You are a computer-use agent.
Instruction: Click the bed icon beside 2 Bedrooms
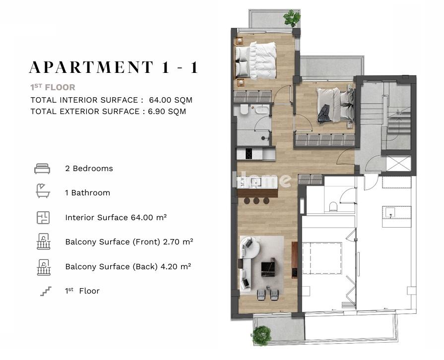[x=42, y=169]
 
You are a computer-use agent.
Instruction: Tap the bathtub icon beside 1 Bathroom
[x=43, y=191]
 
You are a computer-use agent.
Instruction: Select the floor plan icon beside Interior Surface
[x=43, y=218]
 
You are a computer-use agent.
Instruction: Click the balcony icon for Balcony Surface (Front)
[x=43, y=241]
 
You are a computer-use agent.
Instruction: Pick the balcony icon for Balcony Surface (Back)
[x=44, y=267]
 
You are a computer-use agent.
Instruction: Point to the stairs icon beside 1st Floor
[x=46, y=291]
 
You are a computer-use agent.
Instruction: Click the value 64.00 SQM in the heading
[x=171, y=100]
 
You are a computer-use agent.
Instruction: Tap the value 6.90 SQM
[x=167, y=111]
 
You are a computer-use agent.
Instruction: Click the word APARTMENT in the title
[x=91, y=67]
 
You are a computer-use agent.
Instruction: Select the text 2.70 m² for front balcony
[x=178, y=241]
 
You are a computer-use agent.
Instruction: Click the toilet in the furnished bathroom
[x=244, y=110]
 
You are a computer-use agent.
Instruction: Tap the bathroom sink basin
[x=262, y=109]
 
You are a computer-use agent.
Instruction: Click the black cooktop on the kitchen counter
[x=249, y=154]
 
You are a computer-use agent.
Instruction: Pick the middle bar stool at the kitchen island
[x=256, y=201]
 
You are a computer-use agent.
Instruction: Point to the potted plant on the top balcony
[x=292, y=18]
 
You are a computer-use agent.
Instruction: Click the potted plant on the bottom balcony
[x=261, y=336]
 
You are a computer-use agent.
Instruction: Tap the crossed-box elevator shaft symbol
[x=398, y=163]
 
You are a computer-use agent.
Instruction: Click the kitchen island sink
[x=256, y=182]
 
